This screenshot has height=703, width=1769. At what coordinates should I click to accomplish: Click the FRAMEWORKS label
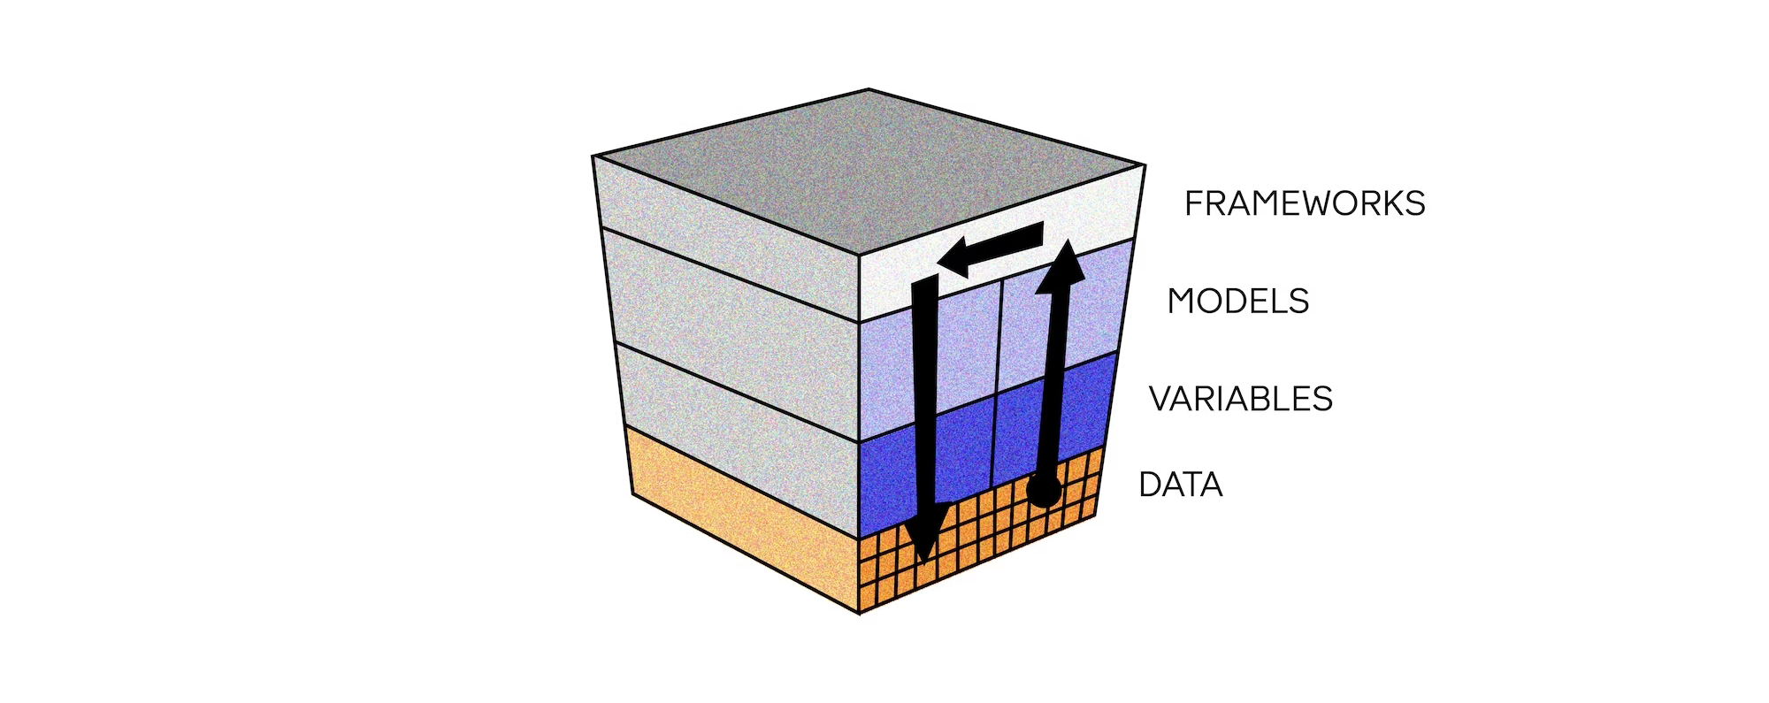pos(1305,203)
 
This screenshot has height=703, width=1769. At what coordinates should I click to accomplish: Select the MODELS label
pos(1237,302)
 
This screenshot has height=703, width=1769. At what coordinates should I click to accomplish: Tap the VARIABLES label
pos(1240,399)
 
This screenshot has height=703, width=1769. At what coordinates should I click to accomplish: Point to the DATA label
pos(1180,485)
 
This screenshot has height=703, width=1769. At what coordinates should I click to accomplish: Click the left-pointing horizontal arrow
pos(991,249)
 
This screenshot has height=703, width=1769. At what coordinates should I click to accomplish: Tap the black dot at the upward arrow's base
pos(1044,490)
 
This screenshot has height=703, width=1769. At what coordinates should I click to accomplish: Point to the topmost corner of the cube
pos(868,89)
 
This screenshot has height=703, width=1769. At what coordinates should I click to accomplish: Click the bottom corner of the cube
pos(861,612)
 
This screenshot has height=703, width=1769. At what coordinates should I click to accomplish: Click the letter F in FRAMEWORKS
pos(1193,203)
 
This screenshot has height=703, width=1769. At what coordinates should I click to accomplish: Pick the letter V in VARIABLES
pos(1160,399)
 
